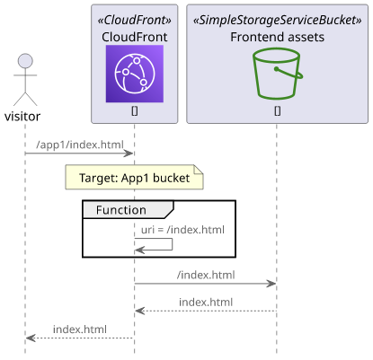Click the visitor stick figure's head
pyautogui.click(x=25, y=61)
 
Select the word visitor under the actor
pyautogui.click(x=22, y=117)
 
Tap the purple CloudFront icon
pyautogui.click(x=135, y=74)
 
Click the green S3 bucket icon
pyautogui.click(x=278, y=74)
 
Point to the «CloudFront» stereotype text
pyautogui.click(x=135, y=20)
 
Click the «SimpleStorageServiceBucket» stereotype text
pyautogui.click(x=278, y=20)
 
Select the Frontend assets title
pyautogui.click(x=278, y=37)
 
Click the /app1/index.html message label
pyautogui.click(x=80, y=145)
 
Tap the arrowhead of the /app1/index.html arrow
pyautogui.click(x=129, y=154)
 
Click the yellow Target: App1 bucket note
pyautogui.click(x=135, y=177)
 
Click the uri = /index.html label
pyautogui.click(x=182, y=230)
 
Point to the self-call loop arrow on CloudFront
pyautogui.click(x=172, y=244)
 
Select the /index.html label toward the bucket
pyautogui.click(x=206, y=275)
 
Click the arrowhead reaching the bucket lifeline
pyautogui.click(x=271, y=284)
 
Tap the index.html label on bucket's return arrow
pyautogui.click(x=206, y=302)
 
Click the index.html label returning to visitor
pyautogui.click(x=80, y=329)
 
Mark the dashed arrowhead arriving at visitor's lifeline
pyautogui.click(x=31, y=338)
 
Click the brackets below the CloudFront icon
pyautogui.click(x=135, y=111)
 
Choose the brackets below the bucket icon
pyautogui.click(x=278, y=111)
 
